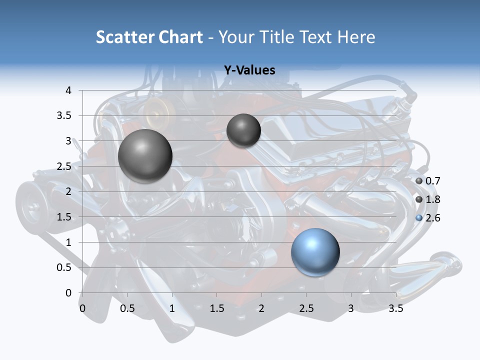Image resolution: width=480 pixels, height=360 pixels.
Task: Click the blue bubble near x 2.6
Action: [x=315, y=252]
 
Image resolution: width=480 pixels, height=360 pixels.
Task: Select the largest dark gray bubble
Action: [x=145, y=156]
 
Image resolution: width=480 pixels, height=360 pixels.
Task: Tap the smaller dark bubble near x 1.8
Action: [x=243, y=130]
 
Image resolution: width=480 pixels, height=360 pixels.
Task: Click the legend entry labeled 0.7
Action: [x=428, y=181]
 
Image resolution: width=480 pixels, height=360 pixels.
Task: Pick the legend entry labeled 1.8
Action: [x=428, y=199]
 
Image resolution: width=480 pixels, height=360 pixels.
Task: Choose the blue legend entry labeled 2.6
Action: [x=428, y=218]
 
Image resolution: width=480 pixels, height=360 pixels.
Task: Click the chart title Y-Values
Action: [x=249, y=70]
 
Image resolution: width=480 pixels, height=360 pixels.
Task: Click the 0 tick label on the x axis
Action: [x=82, y=308]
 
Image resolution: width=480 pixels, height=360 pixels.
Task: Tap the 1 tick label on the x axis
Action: [x=172, y=308]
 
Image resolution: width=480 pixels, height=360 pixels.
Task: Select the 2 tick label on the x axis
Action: [x=261, y=308]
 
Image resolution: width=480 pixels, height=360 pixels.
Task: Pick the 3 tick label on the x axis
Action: [x=351, y=308]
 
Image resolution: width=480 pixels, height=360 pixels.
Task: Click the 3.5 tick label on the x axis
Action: [x=395, y=308]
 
